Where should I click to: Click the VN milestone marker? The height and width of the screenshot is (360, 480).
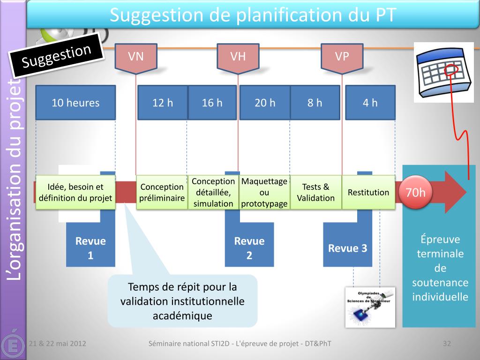[x=136, y=57]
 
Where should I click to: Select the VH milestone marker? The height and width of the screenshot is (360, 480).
[x=238, y=57]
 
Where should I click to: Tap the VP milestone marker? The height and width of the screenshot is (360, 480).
[x=342, y=57]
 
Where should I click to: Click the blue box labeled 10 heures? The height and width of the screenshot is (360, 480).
[x=75, y=103]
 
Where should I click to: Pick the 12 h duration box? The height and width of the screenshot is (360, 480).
[x=163, y=103]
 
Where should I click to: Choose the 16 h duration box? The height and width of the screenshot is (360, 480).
[x=212, y=103]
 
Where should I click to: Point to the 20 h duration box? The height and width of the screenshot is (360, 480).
[x=265, y=103]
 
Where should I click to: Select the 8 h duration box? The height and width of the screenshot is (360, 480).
[x=315, y=103]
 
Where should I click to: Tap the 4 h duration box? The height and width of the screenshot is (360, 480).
[x=370, y=103]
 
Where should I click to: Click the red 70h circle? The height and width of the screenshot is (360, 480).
[x=415, y=192]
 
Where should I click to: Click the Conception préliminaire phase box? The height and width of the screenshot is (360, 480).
[x=162, y=192]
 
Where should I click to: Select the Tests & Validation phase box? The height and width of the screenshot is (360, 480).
[x=315, y=192]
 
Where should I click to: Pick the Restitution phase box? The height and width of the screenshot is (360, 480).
[x=368, y=192]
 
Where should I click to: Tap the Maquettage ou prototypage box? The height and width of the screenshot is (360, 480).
[x=264, y=192]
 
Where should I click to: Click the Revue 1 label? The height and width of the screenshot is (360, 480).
[x=90, y=248]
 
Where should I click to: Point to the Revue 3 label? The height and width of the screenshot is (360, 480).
[x=347, y=248]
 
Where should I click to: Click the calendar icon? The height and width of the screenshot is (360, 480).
[x=443, y=72]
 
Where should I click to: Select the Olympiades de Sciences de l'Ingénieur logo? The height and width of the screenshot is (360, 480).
[x=370, y=307]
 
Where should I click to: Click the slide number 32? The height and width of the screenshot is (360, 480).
[x=447, y=344]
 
